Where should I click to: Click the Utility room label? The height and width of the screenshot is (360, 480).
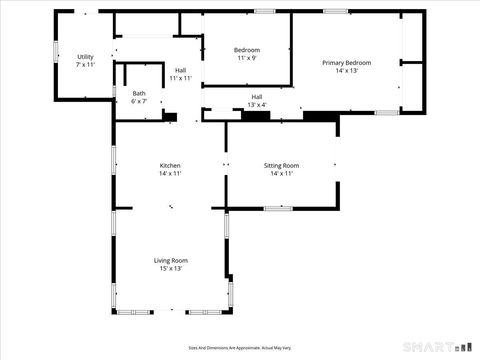point(85,57)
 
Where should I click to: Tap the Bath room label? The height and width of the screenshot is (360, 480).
point(139,94)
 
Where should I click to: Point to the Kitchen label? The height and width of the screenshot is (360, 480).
point(170,166)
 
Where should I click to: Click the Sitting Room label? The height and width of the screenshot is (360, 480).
point(282,166)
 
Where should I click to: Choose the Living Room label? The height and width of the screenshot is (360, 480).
point(170,261)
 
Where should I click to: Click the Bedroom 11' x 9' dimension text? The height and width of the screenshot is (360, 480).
point(247,58)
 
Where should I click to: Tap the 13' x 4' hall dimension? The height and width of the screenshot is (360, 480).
point(257,104)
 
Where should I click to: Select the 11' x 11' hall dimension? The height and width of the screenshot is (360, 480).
point(180,78)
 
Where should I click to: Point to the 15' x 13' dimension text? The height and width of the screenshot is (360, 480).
point(170,268)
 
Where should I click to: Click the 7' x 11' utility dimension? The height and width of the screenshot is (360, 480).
point(85,64)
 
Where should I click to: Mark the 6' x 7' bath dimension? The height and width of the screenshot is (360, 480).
point(139,101)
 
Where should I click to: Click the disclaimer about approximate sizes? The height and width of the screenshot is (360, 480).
point(240,348)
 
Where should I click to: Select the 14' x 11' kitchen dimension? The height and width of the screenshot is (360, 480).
point(170,174)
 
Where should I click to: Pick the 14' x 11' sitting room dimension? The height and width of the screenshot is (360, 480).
point(282,174)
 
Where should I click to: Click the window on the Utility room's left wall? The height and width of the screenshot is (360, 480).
point(56,50)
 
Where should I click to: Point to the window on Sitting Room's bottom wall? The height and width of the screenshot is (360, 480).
point(278,208)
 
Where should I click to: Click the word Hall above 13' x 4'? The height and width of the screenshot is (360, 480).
point(257,97)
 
